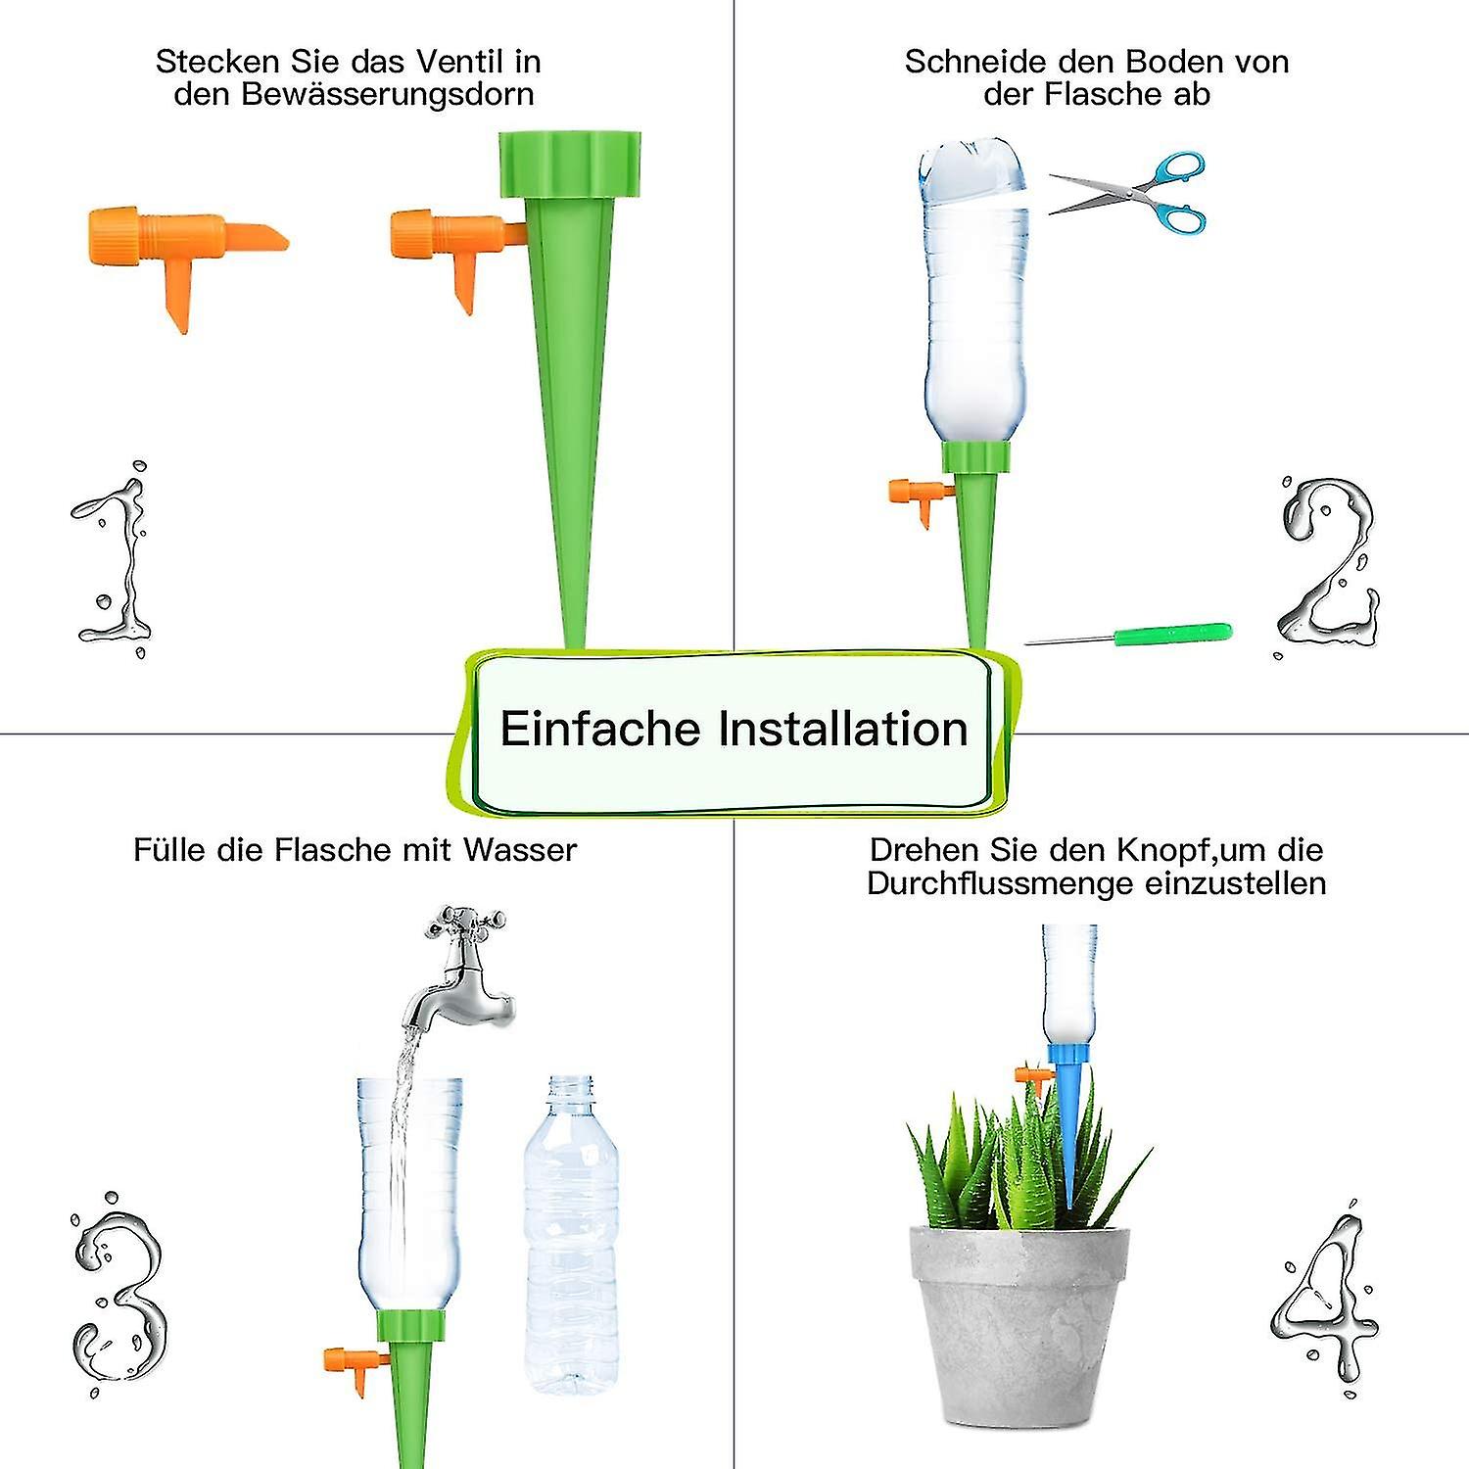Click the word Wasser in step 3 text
coord(520,849)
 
